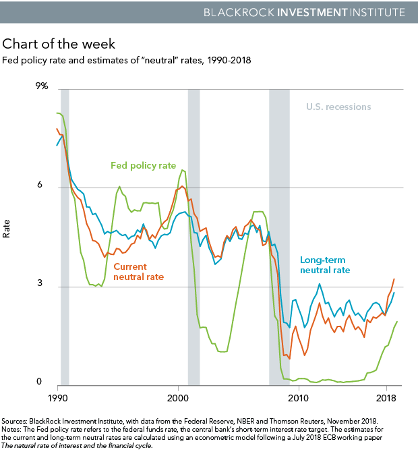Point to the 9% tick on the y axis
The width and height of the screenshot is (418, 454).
(42, 86)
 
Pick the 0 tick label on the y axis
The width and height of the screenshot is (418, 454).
(46, 382)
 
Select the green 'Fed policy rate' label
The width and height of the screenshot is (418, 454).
(144, 165)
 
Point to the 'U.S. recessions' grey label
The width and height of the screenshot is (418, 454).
(338, 107)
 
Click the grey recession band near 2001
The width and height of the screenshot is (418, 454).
(193, 236)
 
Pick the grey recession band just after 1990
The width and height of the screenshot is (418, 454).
(65, 236)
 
